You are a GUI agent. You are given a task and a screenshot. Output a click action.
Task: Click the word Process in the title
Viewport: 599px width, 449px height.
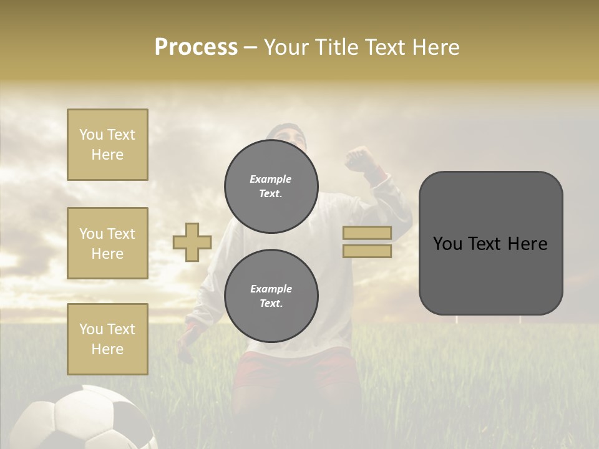tap(196, 47)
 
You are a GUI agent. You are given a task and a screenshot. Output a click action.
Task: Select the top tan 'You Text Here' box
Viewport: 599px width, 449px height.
tap(107, 145)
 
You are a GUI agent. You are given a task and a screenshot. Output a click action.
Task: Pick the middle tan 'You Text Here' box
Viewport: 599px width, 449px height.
tap(107, 243)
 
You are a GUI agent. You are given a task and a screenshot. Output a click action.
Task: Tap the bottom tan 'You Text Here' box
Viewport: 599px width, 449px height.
tap(107, 339)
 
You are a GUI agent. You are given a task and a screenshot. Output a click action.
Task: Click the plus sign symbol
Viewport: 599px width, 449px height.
tap(192, 242)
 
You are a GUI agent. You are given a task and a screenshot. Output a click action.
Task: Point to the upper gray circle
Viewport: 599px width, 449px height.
tap(271, 186)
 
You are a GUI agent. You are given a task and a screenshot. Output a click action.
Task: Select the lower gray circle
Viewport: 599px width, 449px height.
tap(271, 296)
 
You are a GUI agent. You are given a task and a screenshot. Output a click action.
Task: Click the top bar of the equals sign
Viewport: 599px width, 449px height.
tap(367, 233)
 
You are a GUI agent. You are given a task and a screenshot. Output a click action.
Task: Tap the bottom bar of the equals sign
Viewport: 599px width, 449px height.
tap(367, 251)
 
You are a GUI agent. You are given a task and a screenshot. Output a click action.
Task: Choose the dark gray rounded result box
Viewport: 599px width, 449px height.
tap(490, 243)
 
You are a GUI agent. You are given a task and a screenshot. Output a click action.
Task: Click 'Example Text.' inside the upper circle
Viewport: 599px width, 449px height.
tap(271, 186)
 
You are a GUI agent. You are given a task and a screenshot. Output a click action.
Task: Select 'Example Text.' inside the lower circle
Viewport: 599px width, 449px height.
tap(271, 296)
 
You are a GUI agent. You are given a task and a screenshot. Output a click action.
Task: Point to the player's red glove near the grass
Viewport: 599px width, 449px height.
tap(187, 340)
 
